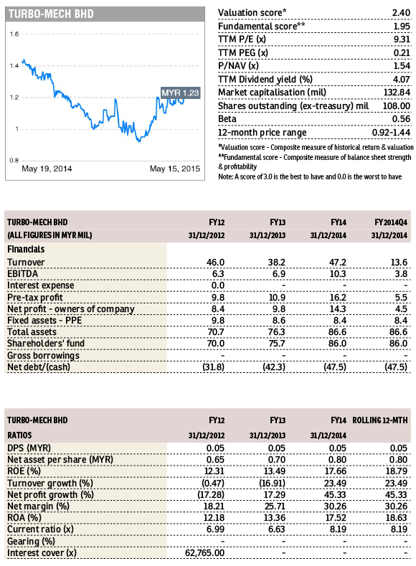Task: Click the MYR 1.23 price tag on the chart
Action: pyautogui.click(x=181, y=93)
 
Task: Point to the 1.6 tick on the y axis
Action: pyautogui.click(x=14, y=34)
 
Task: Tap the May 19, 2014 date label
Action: pyautogui.click(x=47, y=169)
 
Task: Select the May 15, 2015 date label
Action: pyautogui.click(x=175, y=169)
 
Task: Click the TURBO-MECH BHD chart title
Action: pyautogui.click(x=51, y=14)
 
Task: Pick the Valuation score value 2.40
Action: pyautogui.click(x=401, y=13)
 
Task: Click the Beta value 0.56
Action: pyautogui.click(x=401, y=119)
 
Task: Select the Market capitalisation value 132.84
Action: pyautogui.click(x=397, y=93)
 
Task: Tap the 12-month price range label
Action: pyautogui.click(x=263, y=133)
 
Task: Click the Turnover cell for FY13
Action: pyautogui.click(x=277, y=262)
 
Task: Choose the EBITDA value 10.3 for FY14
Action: pyautogui.click(x=338, y=273)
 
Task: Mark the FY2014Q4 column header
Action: pyautogui.click(x=391, y=222)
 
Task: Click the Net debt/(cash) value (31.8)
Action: pyautogui.click(x=213, y=367)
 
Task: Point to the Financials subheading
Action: pyautogui.click(x=26, y=249)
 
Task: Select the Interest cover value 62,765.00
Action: pyautogui.click(x=204, y=553)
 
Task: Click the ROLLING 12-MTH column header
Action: pyautogui.click(x=380, y=420)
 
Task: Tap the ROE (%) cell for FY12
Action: pyautogui.click(x=215, y=471)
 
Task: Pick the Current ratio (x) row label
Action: pyautogui.click(x=40, y=529)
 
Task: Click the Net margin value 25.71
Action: pyautogui.click(x=275, y=506)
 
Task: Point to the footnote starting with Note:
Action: pyautogui.click(x=310, y=176)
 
